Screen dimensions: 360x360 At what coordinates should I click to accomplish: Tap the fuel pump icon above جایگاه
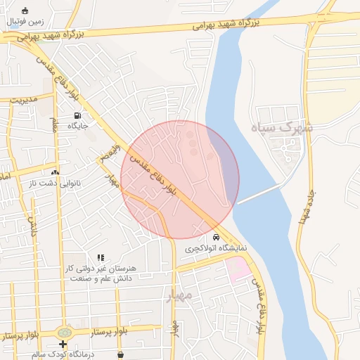point(77,115)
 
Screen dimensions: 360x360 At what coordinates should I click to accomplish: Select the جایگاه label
point(77,126)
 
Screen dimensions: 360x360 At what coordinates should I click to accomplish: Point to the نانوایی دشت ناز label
point(55,182)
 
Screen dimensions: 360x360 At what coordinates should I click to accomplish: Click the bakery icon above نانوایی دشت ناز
point(55,172)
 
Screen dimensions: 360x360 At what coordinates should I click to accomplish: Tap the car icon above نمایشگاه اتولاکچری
point(216,238)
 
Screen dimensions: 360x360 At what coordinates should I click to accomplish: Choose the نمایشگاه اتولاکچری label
point(216,248)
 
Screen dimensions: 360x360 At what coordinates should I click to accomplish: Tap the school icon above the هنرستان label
point(101,257)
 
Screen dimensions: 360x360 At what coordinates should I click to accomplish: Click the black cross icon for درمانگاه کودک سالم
point(63,344)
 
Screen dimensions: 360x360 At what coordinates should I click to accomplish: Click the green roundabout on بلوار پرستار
point(65,332)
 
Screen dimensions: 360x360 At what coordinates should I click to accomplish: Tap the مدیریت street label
point(23,100)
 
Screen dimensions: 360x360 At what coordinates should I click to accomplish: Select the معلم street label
point(54,124)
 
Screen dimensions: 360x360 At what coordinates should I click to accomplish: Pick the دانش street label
point(31,226)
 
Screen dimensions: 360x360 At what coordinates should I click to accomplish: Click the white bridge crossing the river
point(259,195)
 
